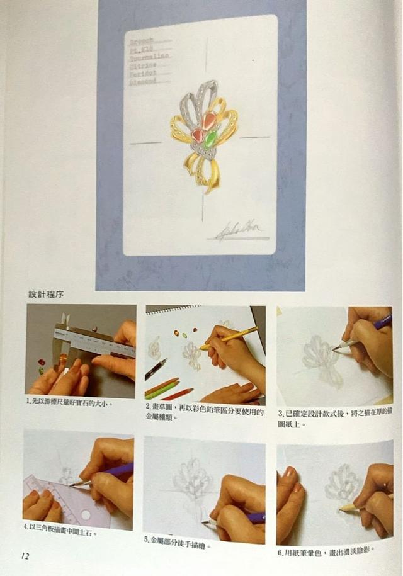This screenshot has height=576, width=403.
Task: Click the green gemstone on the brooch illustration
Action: point(211,139)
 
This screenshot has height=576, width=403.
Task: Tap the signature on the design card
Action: point(239,232)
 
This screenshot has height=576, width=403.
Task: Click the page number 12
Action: point(25,556)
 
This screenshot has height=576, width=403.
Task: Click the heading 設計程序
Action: point(46,294)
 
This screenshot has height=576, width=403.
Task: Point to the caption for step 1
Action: point(69,402)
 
